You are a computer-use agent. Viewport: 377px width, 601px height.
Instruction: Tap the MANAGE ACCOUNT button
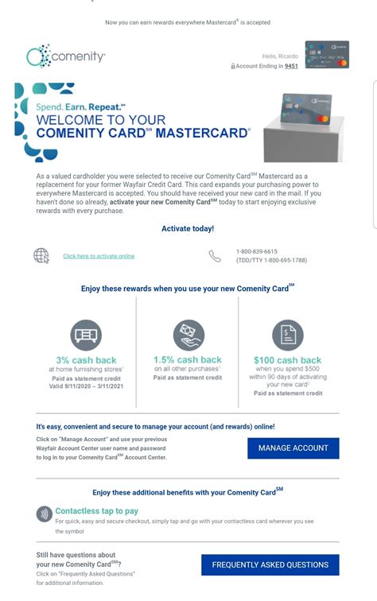point(293,448)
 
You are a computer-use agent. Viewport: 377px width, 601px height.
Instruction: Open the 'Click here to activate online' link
point(99,256)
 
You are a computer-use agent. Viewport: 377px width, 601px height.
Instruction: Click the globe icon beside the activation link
point(41,255)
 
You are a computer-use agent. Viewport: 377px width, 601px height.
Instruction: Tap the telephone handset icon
point(215,256)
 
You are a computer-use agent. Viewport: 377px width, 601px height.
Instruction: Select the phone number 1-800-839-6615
point(257,251)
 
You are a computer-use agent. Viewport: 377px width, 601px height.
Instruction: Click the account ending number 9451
point(291,67)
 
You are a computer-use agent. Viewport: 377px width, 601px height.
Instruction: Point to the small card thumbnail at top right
point(326,55)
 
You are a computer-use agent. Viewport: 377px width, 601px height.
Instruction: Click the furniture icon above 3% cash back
point(86,335)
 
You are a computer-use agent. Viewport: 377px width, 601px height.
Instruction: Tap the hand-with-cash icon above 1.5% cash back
point(188,335)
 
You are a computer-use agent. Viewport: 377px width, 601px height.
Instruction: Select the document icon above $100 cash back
point(288,335)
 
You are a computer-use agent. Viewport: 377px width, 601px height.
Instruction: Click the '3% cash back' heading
point(86,360)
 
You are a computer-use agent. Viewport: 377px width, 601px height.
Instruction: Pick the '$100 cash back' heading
point(288,360)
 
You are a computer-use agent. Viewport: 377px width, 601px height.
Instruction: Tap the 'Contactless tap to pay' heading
point(96,511)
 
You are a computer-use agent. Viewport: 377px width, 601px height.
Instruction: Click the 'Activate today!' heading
point(188,228)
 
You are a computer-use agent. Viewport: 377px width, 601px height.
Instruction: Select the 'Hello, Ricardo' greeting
point(280,56)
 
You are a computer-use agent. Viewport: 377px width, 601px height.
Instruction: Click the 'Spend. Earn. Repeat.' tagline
point(80,106)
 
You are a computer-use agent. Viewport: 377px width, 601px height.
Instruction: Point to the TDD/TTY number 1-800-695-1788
point(271,260)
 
